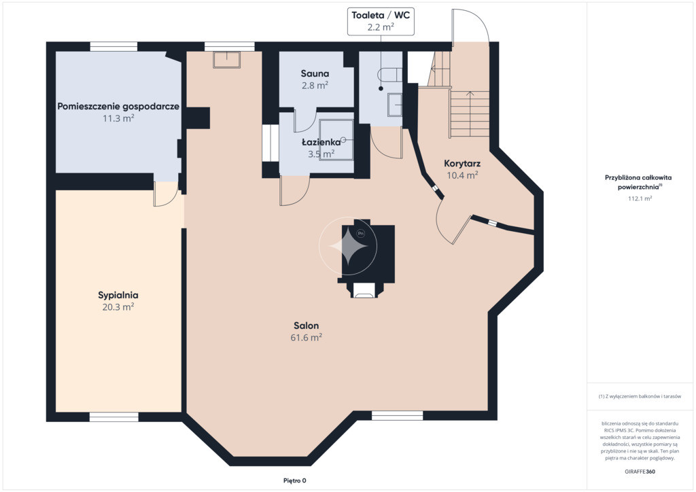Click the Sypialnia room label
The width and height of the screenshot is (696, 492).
point(118,295)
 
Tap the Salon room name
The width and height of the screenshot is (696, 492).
point(307,326)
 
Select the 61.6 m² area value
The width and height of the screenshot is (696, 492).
point(307,338)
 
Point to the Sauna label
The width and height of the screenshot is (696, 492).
point(315,73)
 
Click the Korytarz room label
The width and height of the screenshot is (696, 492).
point(462,164)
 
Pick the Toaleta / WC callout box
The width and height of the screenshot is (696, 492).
point(381,22)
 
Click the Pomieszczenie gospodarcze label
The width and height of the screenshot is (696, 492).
point(118,107)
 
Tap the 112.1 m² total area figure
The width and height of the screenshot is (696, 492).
point(640,198)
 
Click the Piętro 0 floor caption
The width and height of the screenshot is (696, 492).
point(295,480)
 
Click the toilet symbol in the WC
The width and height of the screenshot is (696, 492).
point(389,75)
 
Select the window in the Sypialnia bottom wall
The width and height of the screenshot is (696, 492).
point(114,417)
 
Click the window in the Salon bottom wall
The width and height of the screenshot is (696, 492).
point(397,416)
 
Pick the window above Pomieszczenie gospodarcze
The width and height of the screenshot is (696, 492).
point(114,47)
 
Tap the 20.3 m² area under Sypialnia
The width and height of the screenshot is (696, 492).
point(118,307)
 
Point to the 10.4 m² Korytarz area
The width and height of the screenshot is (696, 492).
point(462,175)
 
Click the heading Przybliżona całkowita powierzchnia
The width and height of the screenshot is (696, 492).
point(638,182)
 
